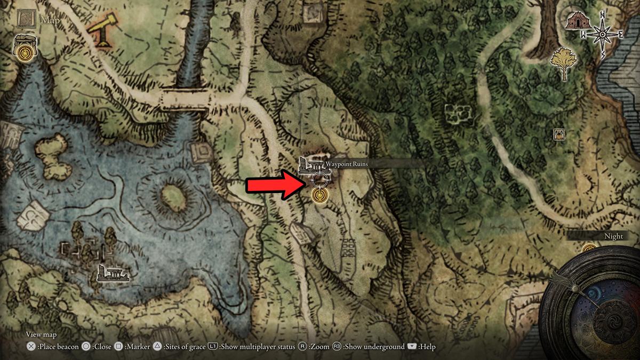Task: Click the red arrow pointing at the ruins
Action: coord(272,186)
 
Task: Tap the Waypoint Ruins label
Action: coord(348,164)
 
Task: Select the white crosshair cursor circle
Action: coord(319,180)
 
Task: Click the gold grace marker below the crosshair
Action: coord(319,196)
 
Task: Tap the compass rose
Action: coord(603,34)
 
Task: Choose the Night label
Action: coord(613,236)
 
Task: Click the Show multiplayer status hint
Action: coord(251,347)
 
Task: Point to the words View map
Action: coord(42,334)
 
